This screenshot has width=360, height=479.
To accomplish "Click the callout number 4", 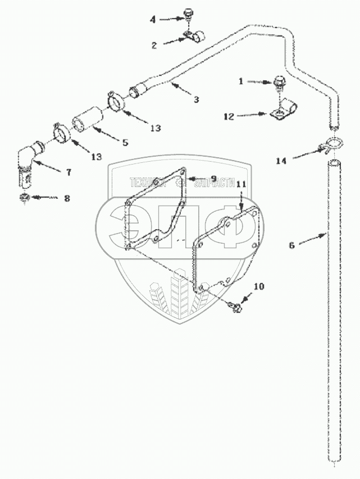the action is [153, 19].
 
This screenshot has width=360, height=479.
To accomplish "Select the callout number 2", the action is [154, 45].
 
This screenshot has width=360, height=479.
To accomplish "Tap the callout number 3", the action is [196, 99].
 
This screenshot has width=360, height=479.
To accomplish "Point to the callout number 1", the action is [241, 81].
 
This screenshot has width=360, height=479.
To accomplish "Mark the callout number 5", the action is [125, 143].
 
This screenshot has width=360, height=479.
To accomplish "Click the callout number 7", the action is [69, 173].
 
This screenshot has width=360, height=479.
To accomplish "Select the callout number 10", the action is [258, 286].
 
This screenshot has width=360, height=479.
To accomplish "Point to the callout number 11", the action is [241, 184].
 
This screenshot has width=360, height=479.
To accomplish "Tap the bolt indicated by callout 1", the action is [279, 83].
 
